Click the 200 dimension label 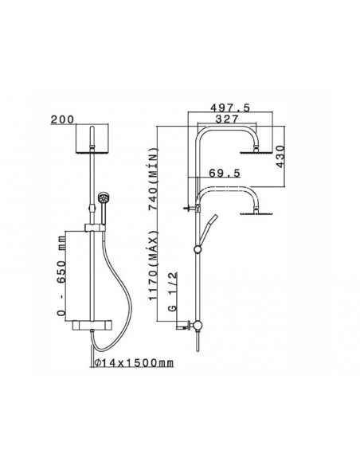click(x=62, y=119)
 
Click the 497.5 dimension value click(x=230, y=107)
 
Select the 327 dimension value click(x=227, y=119)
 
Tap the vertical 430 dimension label click(x=280, y=157)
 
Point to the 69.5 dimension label click(x=225, y=173)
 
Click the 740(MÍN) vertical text click(x=154, y=179)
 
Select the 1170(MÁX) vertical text click(x=154, y=265)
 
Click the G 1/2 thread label click(x=172, y=291)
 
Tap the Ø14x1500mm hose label click(x=134, y=362)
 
